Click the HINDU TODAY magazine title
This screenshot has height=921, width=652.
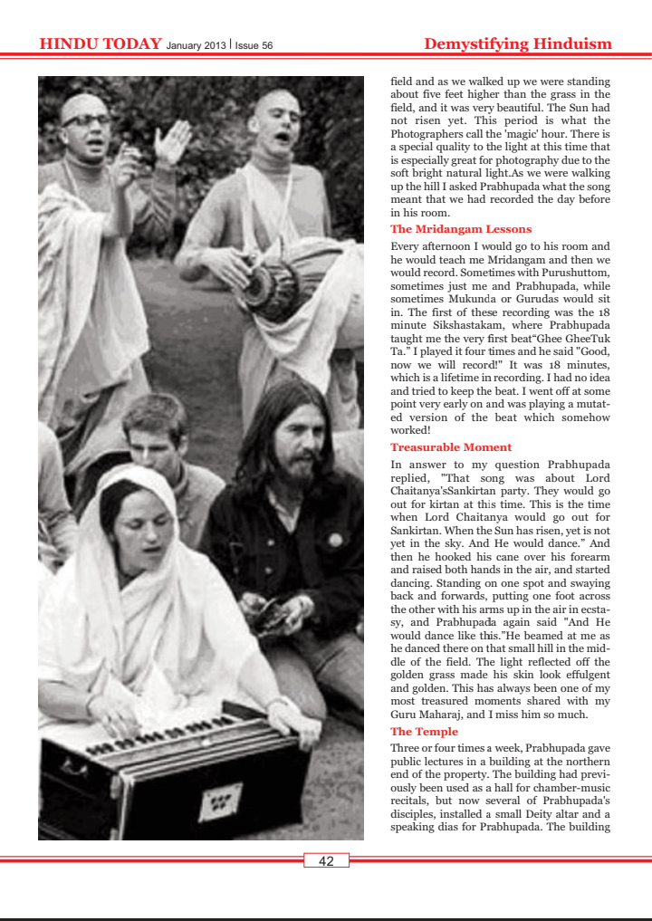click(x=101, y=43)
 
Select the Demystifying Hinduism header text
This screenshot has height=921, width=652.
click(x=518, y=43)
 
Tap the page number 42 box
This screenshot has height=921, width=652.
click(x=326, y=861)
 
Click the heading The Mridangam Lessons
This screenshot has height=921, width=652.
click(x=461, y=229)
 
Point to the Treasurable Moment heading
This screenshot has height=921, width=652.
click(x=451, y=447)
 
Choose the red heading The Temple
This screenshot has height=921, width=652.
click(x=424, y=732)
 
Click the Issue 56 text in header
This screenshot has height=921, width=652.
click(x=254, y=45)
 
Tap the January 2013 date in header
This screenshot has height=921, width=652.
click(x=197, y=45)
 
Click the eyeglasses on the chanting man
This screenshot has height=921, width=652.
click(x=85, y=120)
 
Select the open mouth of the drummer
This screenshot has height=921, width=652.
click(x=283, y=138)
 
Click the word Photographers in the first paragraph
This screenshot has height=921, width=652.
click(x=433, y=133)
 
